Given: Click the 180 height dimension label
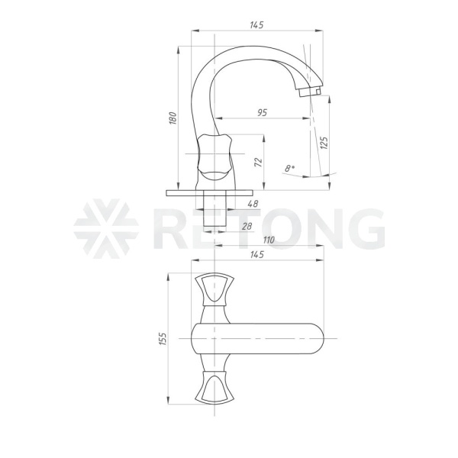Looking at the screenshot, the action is tap(173, 118).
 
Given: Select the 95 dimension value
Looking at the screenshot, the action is tap(263, 112).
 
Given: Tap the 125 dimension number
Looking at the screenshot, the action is tap(324, 143).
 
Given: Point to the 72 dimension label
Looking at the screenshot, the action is tap(258, 163).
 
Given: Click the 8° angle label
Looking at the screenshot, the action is tap(289, 168).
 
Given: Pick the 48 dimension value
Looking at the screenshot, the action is tap(253, 204).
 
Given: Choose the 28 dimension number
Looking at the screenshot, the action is tap(247, 226).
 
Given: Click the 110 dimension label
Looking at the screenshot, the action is tap(269, 240).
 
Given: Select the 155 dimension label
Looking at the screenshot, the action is tap(163, 339).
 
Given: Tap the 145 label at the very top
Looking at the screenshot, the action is tap(256, 25).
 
